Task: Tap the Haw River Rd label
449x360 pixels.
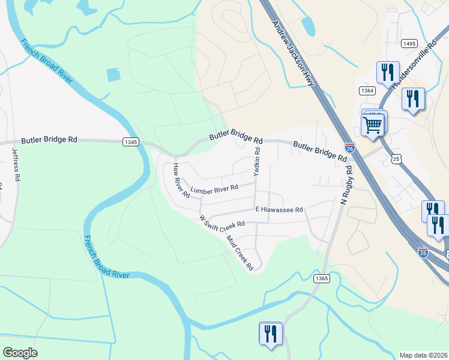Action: tap(181, 180)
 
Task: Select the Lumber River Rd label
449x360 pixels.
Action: tap(214, 188)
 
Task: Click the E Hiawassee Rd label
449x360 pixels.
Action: tap(279, 210)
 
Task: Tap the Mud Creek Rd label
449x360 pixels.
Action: tap(240, 251)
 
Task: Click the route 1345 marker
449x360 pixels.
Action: tap(131, 142)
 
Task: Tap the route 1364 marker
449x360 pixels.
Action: tap(367, 90)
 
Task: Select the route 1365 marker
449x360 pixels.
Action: tap(321, 278)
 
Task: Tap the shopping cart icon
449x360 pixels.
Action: tap(373, 126)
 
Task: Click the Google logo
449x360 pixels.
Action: tap(20, 353)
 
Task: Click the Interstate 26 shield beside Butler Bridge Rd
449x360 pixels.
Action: tap(350, 148)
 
